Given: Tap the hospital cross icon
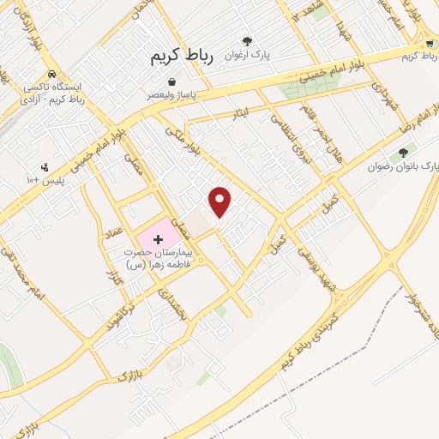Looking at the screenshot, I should [157, 238].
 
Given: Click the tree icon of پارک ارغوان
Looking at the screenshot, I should [247, 40].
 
